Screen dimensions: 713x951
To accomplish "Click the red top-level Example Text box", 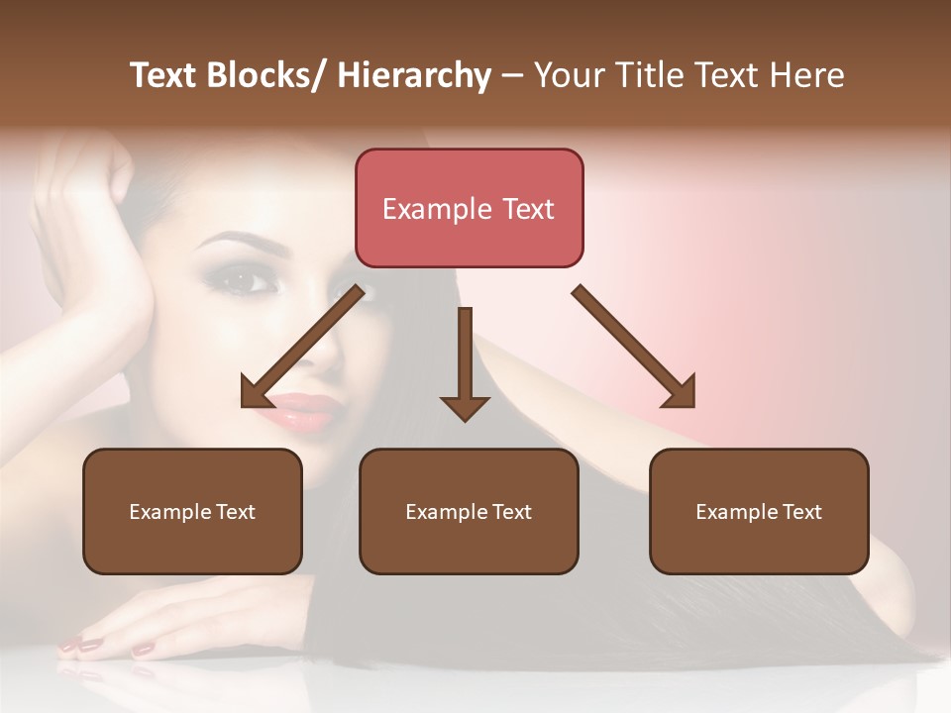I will click(x=469, y=208).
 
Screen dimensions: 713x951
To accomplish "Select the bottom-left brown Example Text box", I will click(x=192, y=511).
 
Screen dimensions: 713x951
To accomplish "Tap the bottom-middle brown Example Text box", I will click(x=469, y=511).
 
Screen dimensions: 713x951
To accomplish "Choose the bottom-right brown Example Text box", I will click(x=759, y=511).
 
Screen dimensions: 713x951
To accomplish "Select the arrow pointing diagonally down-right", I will click(x=635, y=348).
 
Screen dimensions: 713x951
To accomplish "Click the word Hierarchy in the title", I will click(x=414, y=75).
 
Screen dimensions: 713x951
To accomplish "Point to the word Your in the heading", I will click(x=569, y=75).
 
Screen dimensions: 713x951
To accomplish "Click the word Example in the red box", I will click(x=437, y=209).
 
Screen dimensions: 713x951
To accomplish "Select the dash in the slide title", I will click(x=512, y=75).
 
